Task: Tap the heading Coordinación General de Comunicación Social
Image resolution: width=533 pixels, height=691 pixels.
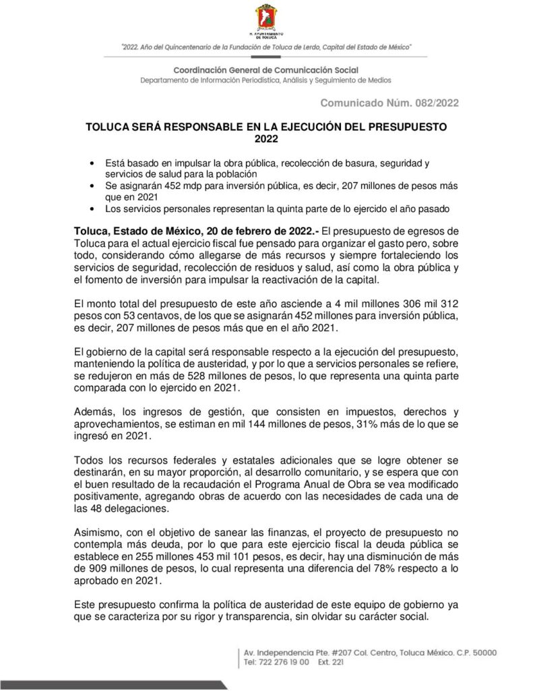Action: [265, 70]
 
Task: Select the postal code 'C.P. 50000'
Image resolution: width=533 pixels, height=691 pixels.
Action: [472, 653]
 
